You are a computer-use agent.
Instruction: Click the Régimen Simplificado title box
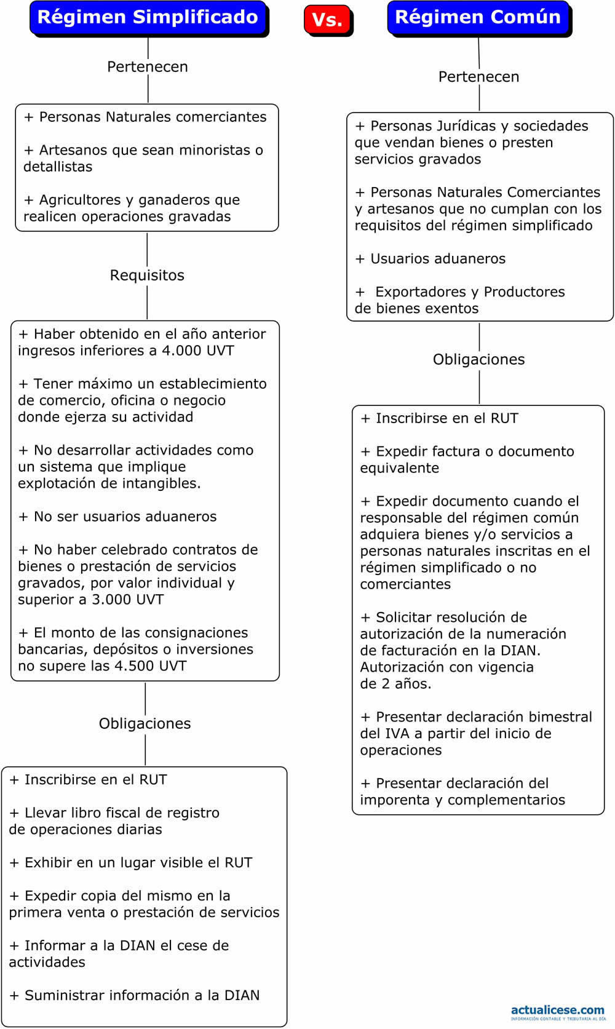[149, 18]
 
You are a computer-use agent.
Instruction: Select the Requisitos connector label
[147, 275]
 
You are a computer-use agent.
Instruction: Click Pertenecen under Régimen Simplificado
[148, 66]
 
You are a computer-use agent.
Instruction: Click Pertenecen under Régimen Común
[478, 77]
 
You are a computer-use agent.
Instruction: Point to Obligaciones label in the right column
[478, 359]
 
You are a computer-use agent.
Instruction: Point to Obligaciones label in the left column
[145, 723]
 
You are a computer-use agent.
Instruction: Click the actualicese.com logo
[558, 1012]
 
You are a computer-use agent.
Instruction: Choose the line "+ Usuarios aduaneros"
[430, 258]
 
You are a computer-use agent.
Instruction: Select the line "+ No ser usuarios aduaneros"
[117, 517]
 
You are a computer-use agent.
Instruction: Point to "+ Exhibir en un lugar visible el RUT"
[131, 863]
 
